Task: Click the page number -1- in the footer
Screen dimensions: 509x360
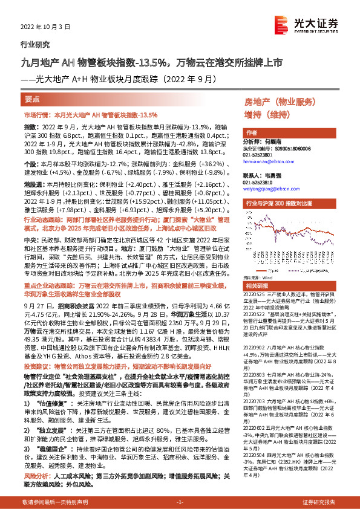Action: (180, 502)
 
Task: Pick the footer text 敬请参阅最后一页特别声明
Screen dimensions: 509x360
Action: (54, 502)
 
